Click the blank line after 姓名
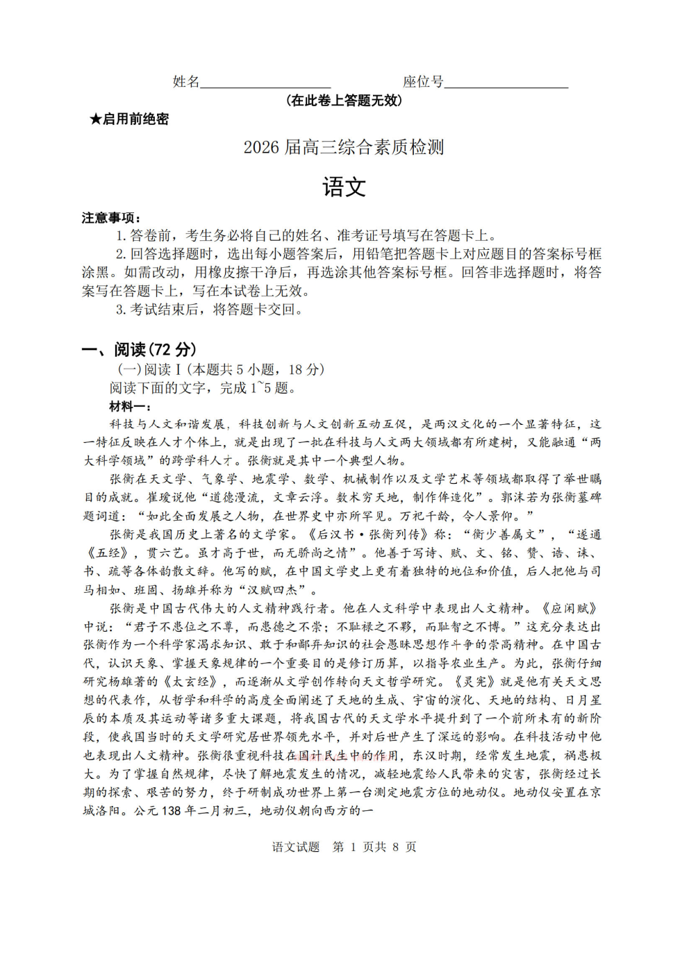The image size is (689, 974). (265, 86)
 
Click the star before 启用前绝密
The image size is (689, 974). (95, 119)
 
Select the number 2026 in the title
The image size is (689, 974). (261, 147)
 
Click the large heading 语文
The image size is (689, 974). (344, 187)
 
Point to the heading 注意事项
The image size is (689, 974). (111, 218)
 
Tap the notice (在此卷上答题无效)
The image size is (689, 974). (344, 101)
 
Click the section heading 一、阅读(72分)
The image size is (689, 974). (139, 349)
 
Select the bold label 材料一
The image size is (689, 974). (130, 406)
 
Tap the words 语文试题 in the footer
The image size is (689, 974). (296, 847)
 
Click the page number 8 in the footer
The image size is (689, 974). (395, 847)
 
